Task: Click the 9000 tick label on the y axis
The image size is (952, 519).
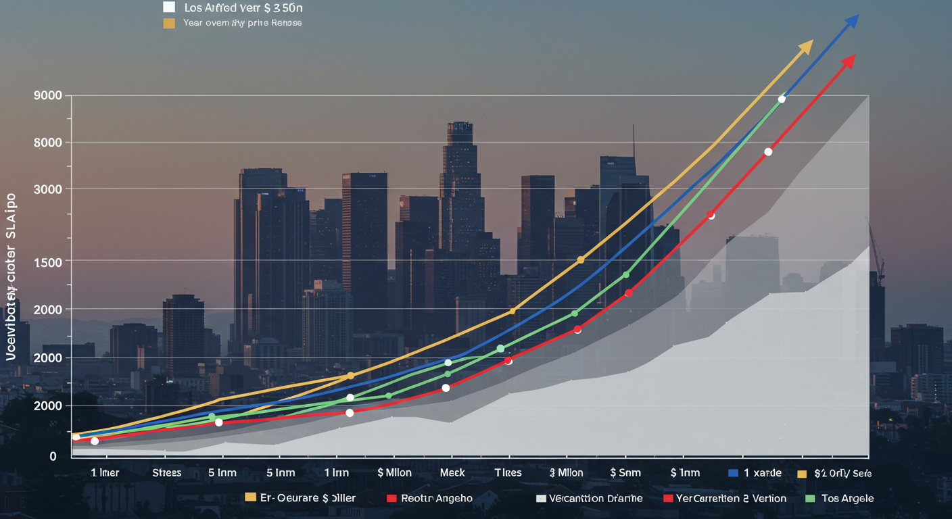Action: pyautogui.click(x=47, y=96)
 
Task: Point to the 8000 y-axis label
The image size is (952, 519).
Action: pyautogui.click(x=47, y=143)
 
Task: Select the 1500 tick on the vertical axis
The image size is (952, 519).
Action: pyautogui.click(x=47, y=262)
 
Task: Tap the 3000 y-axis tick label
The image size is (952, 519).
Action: pyautogui.click(x=47, y=189)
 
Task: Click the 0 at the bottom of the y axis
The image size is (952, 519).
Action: pyautogui.click(x=53, y=457)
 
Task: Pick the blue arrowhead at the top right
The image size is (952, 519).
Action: pyautogui.click(x=852, y=21)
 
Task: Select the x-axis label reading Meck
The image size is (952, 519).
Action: pyautogui.click(x=452, y=473)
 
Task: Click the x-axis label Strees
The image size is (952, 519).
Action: pyautogui.click(x=166, y=473)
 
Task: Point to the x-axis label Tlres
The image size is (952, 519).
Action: pyautogui.click(x=508, y=473)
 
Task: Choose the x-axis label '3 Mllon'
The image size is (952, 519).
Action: pyautogui.click(x=566, y=473)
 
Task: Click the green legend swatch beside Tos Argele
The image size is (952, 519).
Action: pyautogui.click(x=811, y=499)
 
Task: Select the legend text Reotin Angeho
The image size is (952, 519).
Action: pyautogui.click(x=437, y=499)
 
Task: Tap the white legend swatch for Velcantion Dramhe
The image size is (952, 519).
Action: pyautogui.click(x=540, y=499)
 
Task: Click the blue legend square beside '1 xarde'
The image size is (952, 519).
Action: pyautogui.click(x=734, y=473)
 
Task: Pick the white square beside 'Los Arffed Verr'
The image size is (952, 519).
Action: pyautogui.click(x=169, y=8)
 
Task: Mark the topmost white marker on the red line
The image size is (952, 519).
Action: pyautogui.click(x=768, y=152)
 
